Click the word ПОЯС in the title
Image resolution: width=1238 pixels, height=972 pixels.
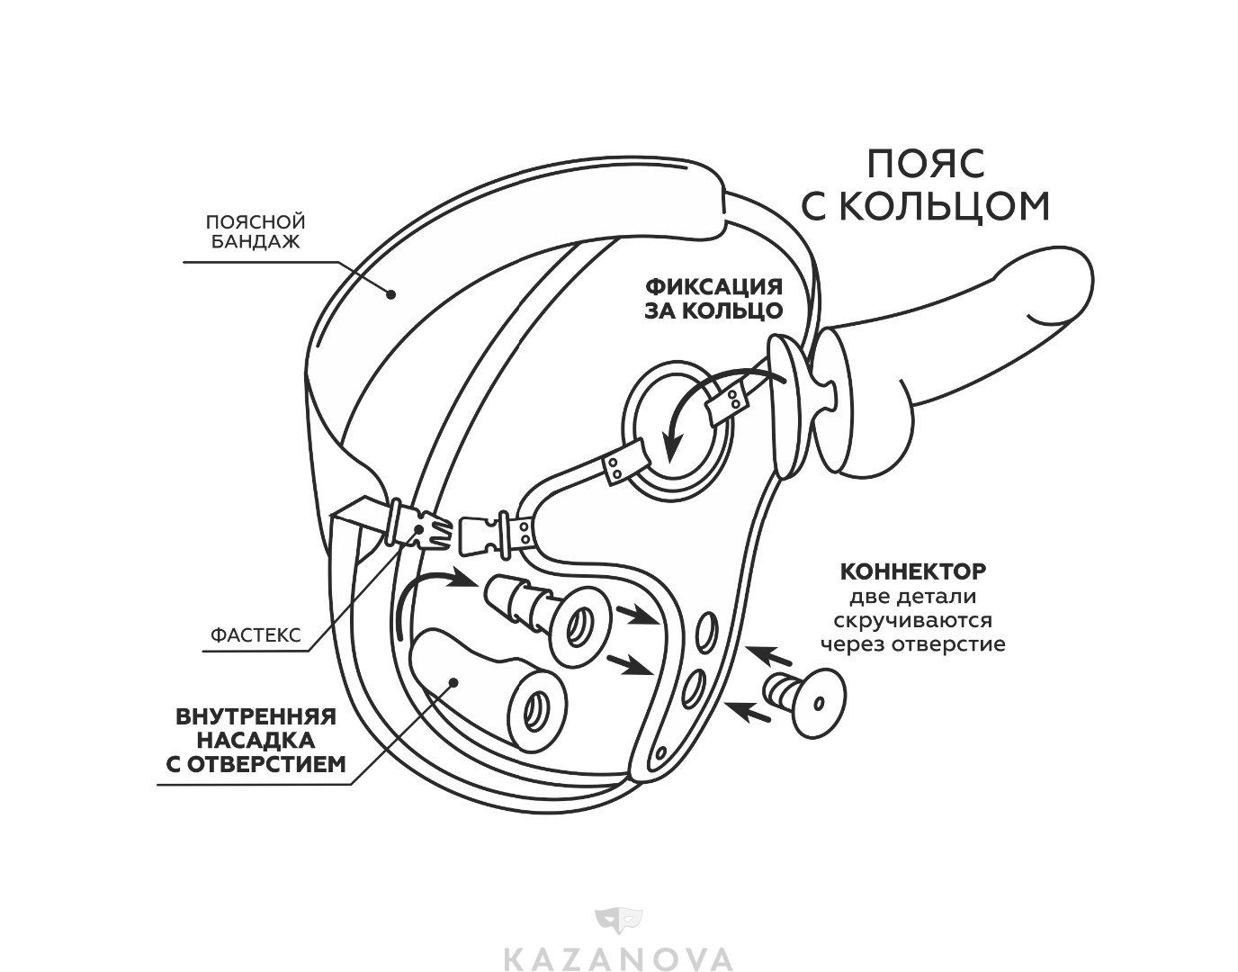point(926,164)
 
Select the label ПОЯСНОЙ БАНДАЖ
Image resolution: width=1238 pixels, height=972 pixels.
point(257,231)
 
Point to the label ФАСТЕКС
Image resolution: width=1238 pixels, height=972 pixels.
point(256,634)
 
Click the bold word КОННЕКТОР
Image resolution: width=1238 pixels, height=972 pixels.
point(912,571)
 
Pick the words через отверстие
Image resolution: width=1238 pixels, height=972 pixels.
point(912,644)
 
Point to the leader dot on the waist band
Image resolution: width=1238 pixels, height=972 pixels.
point(390,292)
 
